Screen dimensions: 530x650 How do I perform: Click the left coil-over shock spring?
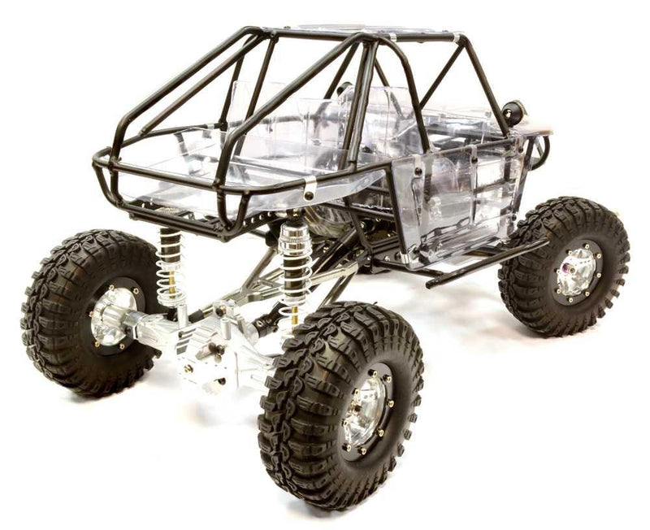(x=171, y=268)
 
